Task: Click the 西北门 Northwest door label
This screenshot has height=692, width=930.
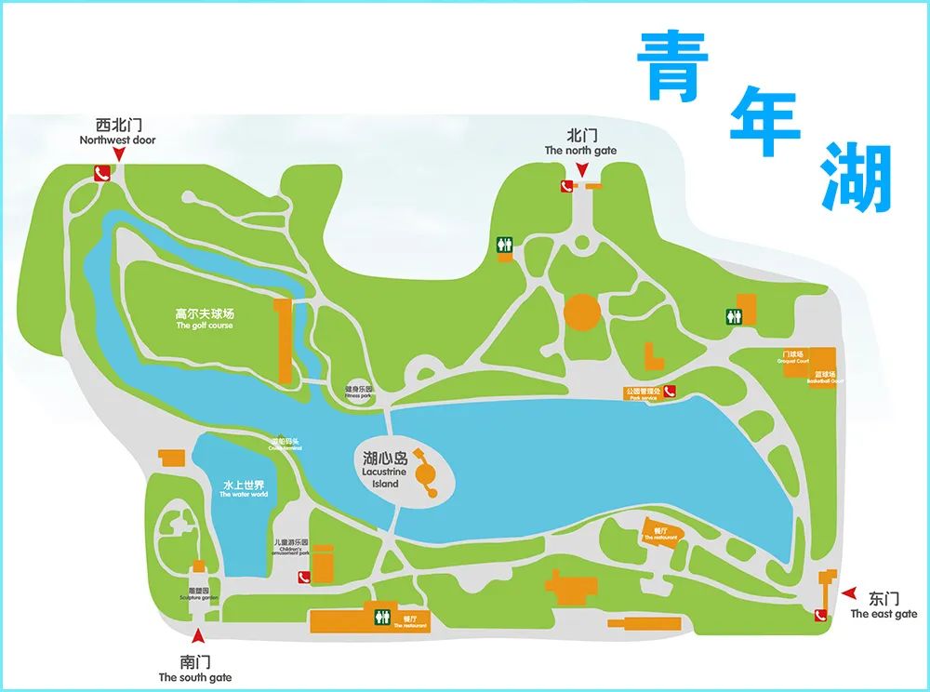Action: pyautogui.click(x=117, y=131)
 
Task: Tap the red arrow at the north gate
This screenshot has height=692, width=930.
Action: pyautogui.click(x=581, y=169)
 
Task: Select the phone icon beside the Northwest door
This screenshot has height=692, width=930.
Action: pyautogui.click(x=102, y=173)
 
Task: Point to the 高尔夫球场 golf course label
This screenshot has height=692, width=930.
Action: pyautogui.click(x=205, y=319)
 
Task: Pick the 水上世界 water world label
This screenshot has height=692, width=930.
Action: pyautogui.click(x=244, y=489)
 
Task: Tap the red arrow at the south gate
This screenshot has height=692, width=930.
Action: pyautogui.click(x=196, y=637)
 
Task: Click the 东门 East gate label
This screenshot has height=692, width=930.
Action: pyautogui.click(x=883, y=605)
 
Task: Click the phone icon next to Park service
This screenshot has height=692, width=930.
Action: pyautogui.click(x=669, y=392)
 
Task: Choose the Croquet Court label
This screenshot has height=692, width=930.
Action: pyautogui.click(x=795, y=357)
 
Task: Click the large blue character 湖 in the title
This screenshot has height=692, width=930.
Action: pyautogui.click(x=856, y=177)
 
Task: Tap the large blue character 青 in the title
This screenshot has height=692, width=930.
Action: pyautogui.click(x=673, y=65)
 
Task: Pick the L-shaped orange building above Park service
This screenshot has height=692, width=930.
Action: pyautogui.click(x=655, y=358)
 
